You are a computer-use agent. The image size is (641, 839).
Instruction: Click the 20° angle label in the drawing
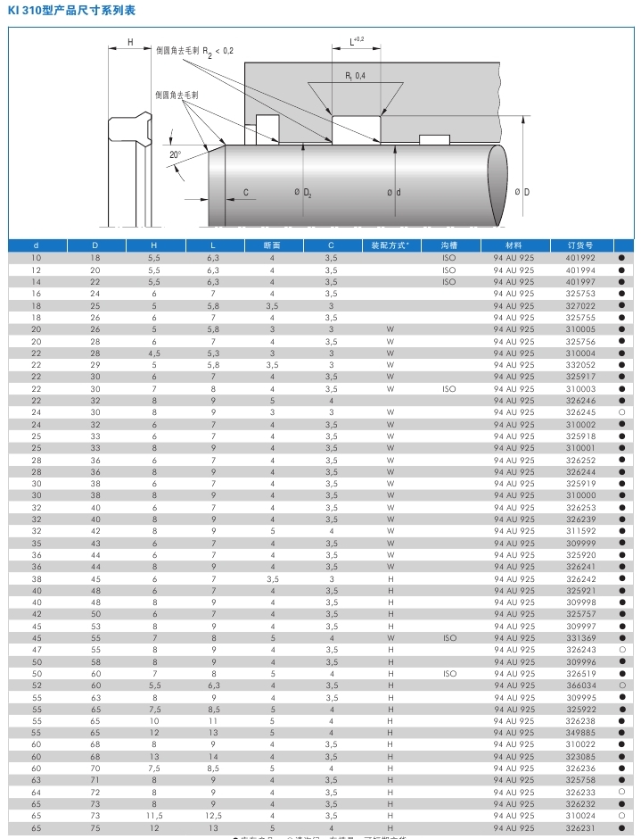[x=175, y=154]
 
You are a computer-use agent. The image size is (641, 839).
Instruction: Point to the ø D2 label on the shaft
[x=302, y=193]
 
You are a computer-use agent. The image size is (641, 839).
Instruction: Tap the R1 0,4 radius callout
[x=355, y=76]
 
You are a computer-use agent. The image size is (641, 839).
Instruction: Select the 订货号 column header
[x=579, y=245]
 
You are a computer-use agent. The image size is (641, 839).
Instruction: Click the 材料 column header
[x=514, y=245]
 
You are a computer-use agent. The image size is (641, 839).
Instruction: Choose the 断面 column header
[x=272, y=245]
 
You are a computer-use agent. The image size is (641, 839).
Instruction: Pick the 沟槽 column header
[x=448, y=245]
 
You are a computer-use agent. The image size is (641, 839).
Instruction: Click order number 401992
[x=580, y=258]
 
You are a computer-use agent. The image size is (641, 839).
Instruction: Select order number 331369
[x=580, y=638]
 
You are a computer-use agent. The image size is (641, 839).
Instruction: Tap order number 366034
[x=580, y=685]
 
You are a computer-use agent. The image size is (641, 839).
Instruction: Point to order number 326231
[x=580, y=828]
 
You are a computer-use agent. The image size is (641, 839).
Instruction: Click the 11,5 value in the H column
[x=154, y=816]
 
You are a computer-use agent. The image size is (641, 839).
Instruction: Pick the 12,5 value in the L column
[x=213, y=816]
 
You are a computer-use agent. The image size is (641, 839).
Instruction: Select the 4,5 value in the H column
[x=154, y=353]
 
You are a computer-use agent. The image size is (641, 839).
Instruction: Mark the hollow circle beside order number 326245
[x=621, y=412]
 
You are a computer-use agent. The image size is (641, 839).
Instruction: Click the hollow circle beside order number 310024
[x=621, y=816]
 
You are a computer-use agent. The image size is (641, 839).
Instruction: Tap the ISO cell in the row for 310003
[x=448, y=388]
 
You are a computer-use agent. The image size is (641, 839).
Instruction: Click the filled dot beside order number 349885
[x=621, y=733]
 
